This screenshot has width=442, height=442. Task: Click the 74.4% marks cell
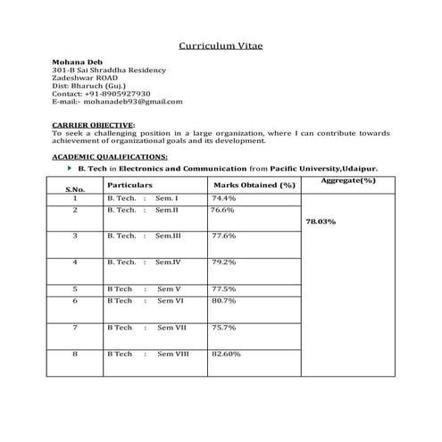click(x=223, y=197)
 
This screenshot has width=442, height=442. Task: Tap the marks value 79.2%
click(x=223, y=263)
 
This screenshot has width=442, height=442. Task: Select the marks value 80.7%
click(x=223, y=301)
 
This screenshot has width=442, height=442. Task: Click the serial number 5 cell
click(x=75, y=288)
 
